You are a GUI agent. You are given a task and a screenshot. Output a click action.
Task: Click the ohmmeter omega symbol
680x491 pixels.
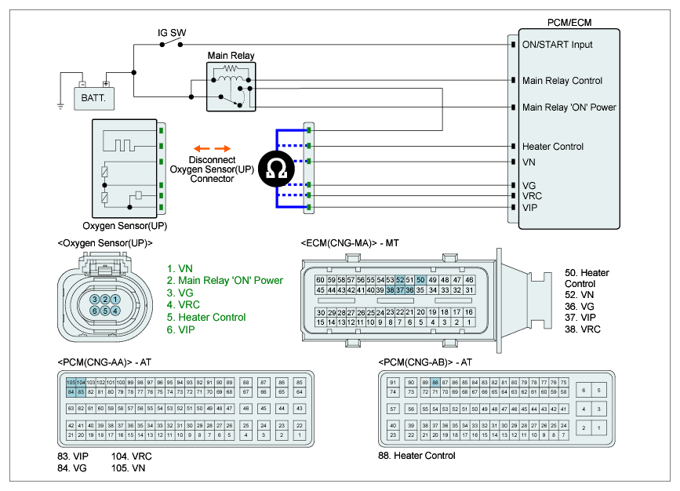[x=276, y=169]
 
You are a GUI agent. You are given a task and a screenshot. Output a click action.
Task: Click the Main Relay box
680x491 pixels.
[x=230, y=85]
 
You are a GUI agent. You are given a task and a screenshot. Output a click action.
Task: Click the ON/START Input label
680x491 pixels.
[x=558, y=45]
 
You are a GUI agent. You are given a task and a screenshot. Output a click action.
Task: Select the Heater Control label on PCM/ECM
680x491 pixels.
[x=553, y=147]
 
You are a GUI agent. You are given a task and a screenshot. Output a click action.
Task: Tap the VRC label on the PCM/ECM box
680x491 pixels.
[x=533, y=195]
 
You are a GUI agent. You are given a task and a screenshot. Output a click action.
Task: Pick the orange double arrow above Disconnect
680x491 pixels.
[x=213, y=147]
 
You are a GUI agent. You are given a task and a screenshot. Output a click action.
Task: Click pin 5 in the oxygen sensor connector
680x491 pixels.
[x=105, y=311]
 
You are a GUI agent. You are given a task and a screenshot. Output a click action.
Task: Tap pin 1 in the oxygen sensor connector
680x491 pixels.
[x=115, y=300]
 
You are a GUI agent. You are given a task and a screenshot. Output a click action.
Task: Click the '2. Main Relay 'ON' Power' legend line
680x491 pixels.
[x=224, y=280]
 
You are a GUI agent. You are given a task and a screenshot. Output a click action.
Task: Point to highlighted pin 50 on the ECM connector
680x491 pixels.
[x=420, y=280]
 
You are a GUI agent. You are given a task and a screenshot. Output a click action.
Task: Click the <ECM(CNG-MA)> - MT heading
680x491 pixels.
[x=350, y=243]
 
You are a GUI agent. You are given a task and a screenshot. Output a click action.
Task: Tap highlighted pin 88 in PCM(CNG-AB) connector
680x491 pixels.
[x=435, y=382]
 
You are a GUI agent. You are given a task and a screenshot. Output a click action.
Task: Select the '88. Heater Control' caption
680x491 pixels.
[x=416, y=456]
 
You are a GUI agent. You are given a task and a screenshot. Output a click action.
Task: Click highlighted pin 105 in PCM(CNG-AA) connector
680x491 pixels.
[x=71, y=382]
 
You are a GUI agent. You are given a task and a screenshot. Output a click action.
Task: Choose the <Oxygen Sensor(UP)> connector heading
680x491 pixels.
[x=104, y=243]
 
